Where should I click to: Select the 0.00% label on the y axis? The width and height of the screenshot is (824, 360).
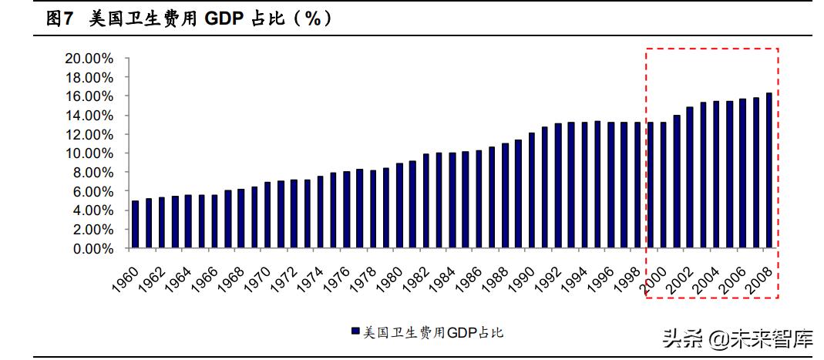pos(92,249)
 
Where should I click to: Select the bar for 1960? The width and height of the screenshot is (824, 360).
pos(136,224)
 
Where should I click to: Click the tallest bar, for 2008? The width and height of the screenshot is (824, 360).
pos(769,170)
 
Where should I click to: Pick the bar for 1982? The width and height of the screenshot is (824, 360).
pos(425,200)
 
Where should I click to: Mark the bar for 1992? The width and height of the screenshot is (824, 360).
pos(557,186)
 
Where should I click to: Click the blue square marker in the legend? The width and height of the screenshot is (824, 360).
pos(355,331)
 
